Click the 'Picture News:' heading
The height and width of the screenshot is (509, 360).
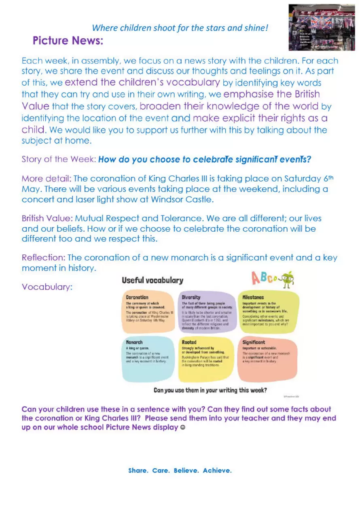tap(68, 41)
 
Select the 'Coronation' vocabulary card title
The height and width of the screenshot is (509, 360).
tap(137, 297)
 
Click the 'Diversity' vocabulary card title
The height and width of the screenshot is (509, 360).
tap(191, 297)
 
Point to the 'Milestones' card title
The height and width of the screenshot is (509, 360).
tap(253, 297)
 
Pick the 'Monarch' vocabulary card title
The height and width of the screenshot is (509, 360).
tap(134, 342)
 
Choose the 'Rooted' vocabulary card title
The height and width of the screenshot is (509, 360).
tap(189, 342)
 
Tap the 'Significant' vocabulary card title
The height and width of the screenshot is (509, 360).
tap(254, 342)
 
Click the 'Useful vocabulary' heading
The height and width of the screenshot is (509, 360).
tap(152, 280)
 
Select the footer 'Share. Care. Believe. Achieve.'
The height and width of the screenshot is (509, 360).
tap(180, 471)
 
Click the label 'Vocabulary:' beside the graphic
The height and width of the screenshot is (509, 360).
tap(47, 287)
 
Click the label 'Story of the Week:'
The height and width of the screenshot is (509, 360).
tap(59, 159)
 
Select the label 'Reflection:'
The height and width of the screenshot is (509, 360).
tap(43, 258)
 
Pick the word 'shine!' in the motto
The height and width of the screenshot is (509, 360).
tap(256, 28)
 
